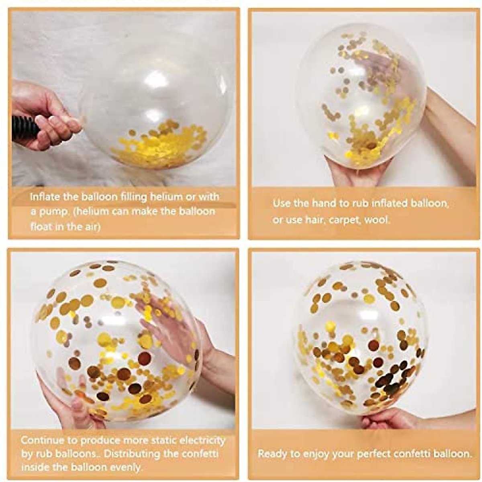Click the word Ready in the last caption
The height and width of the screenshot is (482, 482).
(x=272, y=454)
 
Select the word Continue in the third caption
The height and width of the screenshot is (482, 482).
(x=42, y=440)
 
